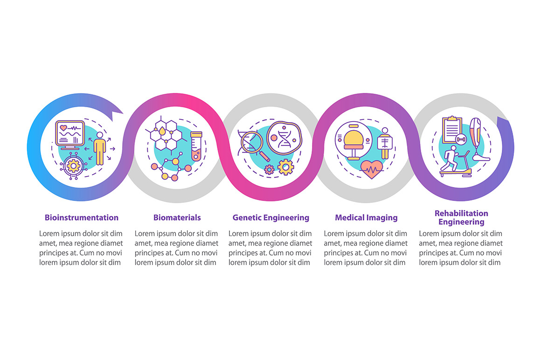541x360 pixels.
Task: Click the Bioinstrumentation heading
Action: pyautogui.click(x=82, y=218)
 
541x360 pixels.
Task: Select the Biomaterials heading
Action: pyautogui.click(x=177, y=218)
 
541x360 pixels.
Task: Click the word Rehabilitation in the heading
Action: pyautogui.click(x=461, y=213)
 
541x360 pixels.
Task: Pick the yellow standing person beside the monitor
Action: pyautogui.click(x=100, y=148)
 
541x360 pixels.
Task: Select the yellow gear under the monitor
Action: pyautogui.click(x=73, y=166)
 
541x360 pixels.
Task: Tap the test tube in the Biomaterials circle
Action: pyautogui.click(x=196, y=146)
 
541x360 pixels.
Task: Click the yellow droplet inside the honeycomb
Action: pyautogui.click(x=162, y=131)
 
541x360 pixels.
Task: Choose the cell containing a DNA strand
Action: pyautogui.click(x=284, y=138)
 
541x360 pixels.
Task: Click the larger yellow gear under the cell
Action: pyautogui.click(x=286, y=167)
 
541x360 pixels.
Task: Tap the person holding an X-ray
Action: pyautogui.click(x=385, y=143)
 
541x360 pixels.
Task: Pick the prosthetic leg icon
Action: pyautogui.click(x=478, y=139)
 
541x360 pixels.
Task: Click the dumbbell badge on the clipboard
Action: pyautogui.click(x=461, y=139)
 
